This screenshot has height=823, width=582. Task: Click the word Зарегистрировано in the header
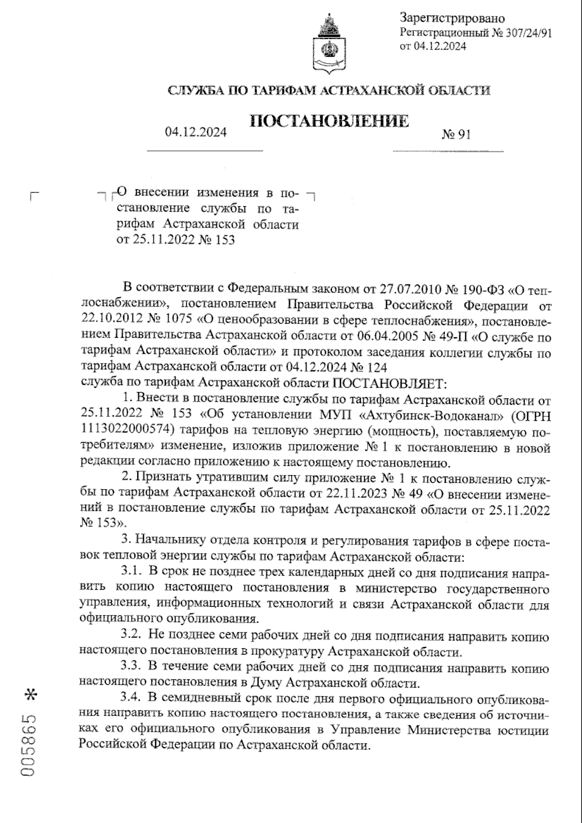click(x=452, y=18)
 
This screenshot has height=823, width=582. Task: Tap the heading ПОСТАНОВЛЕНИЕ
click(x=329, y=121)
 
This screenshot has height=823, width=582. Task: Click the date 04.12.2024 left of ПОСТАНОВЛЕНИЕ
click(x=195, y=132)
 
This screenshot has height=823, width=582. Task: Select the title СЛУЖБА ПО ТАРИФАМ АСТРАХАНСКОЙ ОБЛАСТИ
click(x=328, y=90)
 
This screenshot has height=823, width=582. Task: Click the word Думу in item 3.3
click(x=267, y=683)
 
